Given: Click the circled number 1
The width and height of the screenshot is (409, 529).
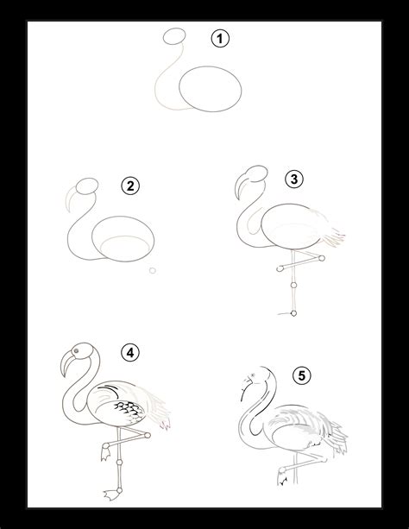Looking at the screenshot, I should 223,40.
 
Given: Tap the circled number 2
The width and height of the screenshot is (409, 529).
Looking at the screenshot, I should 131,186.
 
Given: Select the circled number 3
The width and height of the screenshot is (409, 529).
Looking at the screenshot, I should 294,179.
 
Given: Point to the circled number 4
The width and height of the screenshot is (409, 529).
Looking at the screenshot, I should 129,352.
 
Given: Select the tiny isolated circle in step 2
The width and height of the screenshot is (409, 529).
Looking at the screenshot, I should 152,271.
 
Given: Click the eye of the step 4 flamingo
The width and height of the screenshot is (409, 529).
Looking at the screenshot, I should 80,352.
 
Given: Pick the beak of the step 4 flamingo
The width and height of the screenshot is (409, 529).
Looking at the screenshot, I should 66,367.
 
